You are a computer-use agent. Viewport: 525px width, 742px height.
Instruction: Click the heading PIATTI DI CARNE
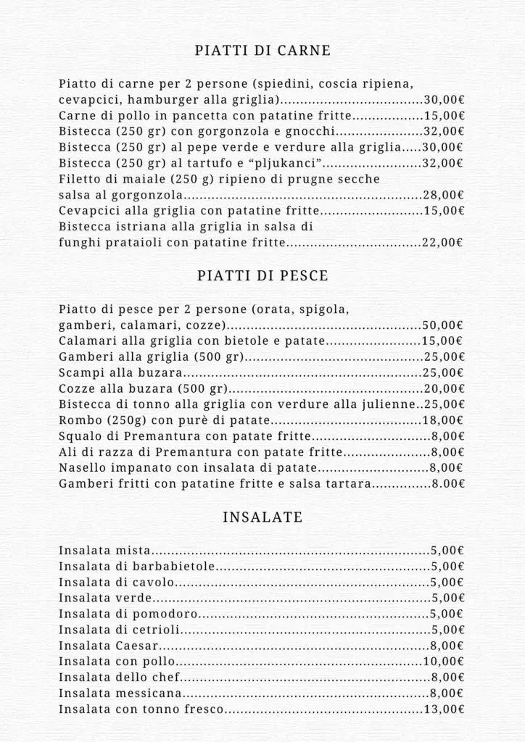point(262,51)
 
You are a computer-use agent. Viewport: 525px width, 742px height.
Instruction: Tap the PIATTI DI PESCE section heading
point(262,276)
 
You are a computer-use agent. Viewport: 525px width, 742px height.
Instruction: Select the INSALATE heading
point(262,517)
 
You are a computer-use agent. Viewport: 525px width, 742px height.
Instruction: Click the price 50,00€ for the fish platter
point(444,325)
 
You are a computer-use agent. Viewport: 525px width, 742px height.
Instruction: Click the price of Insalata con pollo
point(444,662)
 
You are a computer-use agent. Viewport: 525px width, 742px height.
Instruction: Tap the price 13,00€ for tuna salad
point(444,709)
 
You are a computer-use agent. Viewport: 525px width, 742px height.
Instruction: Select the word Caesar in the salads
point(136,646)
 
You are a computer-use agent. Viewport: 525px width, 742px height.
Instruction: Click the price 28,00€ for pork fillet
point(444,195)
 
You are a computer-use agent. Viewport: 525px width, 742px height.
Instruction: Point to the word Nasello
point(80,468)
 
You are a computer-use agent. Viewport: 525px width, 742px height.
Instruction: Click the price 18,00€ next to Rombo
point(444,421)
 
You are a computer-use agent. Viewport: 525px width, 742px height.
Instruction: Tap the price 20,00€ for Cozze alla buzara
point(444,389)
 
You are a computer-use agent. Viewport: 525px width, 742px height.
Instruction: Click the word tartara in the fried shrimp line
point(346,484)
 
